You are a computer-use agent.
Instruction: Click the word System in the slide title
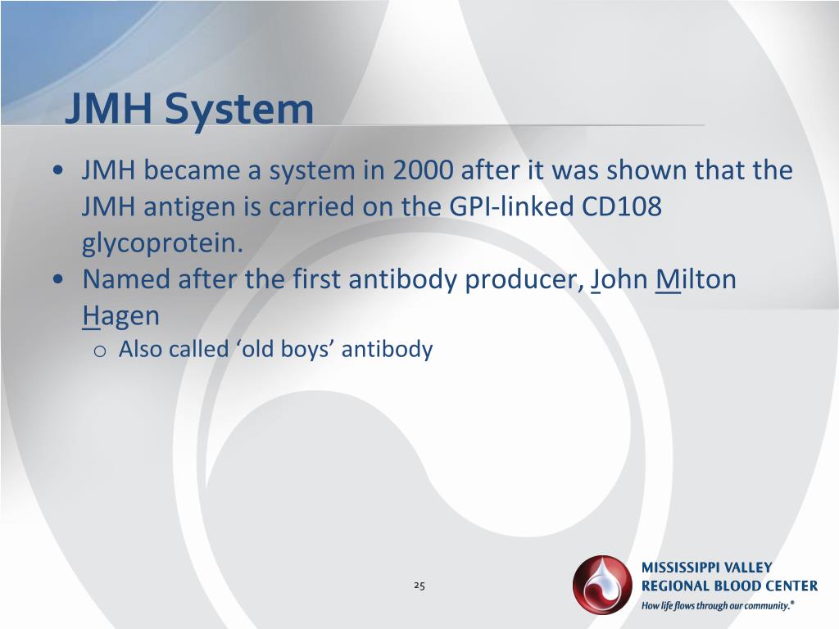238,110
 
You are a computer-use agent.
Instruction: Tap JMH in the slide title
111,110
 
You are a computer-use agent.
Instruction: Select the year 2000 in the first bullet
423,171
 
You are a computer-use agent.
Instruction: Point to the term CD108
622,207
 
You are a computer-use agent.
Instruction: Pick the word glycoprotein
162,244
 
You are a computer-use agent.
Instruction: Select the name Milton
696,280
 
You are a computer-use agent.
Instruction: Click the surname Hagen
120,316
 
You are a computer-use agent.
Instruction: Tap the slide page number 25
419,586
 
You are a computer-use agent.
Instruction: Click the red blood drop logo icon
602,585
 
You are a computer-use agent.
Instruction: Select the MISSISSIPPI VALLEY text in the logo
706,568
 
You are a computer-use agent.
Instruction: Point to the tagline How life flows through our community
718,606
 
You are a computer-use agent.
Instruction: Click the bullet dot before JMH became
58,172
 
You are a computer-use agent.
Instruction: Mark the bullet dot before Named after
58,280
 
